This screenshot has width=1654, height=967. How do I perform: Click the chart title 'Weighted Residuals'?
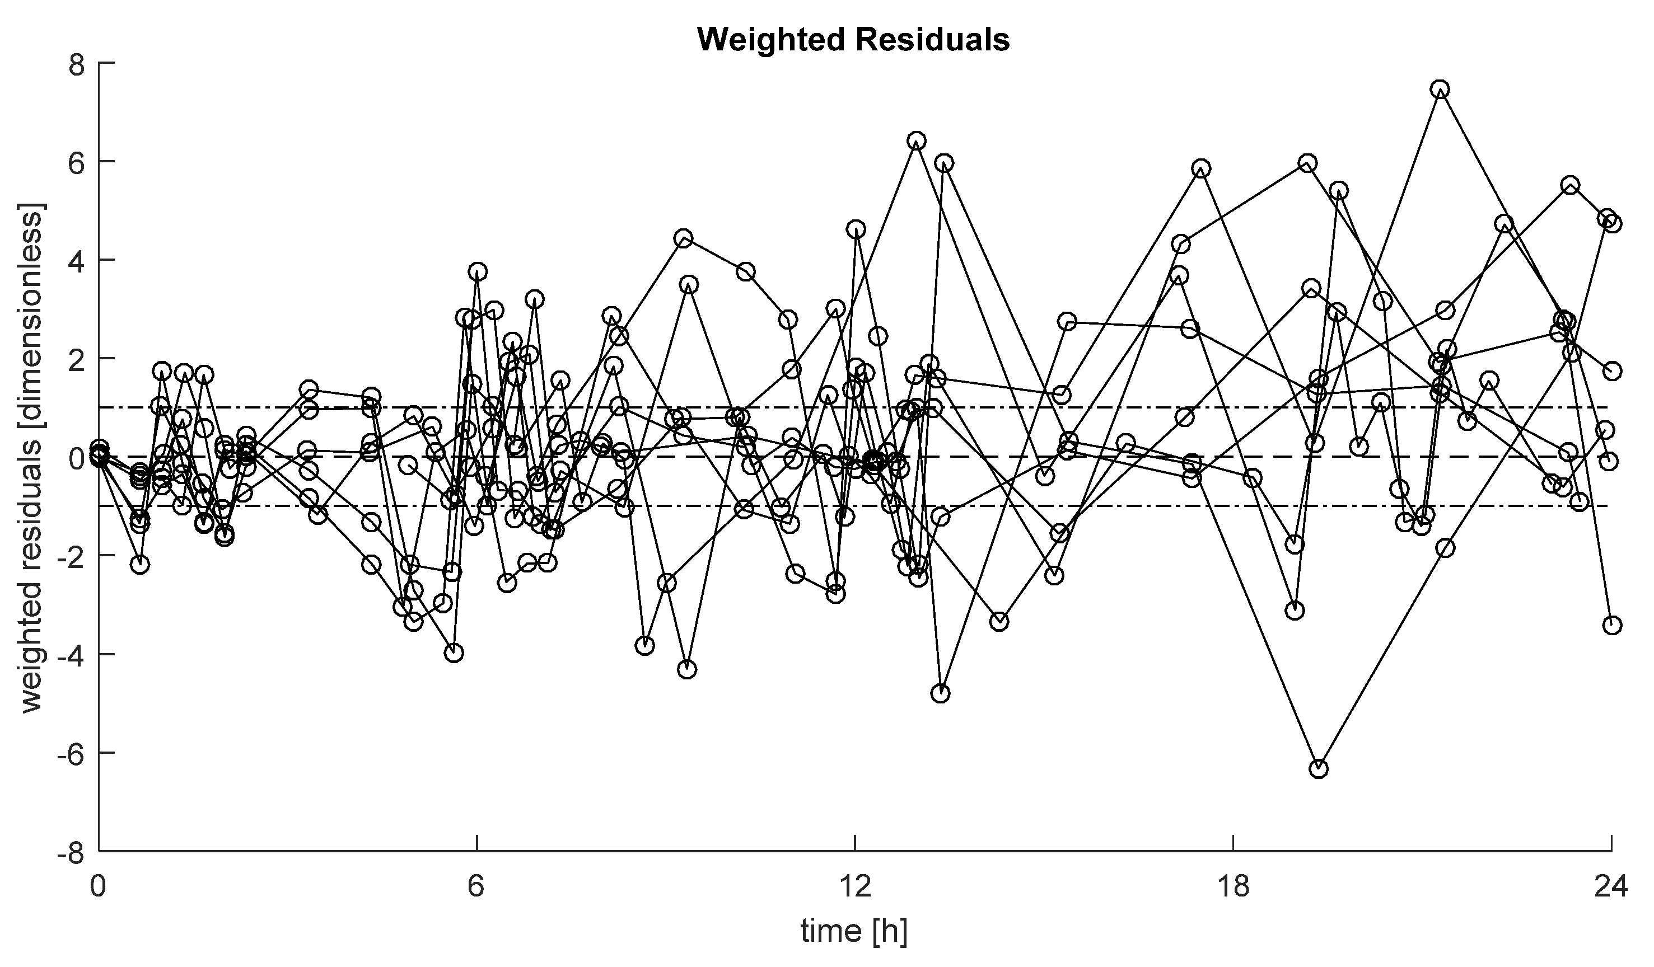pyautogui.click(x=853, y=39)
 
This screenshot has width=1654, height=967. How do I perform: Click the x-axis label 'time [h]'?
pyautogui.click(x=853, y=930)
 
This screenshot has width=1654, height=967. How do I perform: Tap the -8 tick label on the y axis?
pyautogui.click(x=80, y=852)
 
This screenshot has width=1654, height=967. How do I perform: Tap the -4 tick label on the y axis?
pyautogui.click(x=80, y=655)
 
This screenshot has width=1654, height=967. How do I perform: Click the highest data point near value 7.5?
pyautogui.click(x=1440, y=89)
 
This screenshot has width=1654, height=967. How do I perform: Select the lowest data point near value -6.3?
pyautogui.click(x=1319, y=768)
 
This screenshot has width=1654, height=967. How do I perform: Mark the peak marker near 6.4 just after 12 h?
pyautogui.click(x=917, y=141)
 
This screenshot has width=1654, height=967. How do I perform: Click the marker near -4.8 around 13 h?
pyautogui.click(x=941, y=693)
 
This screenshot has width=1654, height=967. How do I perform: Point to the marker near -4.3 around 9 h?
pyautogui.click(x=686, y=670)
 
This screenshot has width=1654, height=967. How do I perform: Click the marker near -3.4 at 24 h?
pyautogui.click(x=1612, y=625)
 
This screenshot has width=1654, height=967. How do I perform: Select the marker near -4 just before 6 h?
pyautogui.click(x=454, y=653)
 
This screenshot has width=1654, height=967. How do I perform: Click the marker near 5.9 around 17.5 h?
pyautogui.click(x=1201, y=168)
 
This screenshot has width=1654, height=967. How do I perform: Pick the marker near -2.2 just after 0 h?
pyautogui.click(x=140, y=565)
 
